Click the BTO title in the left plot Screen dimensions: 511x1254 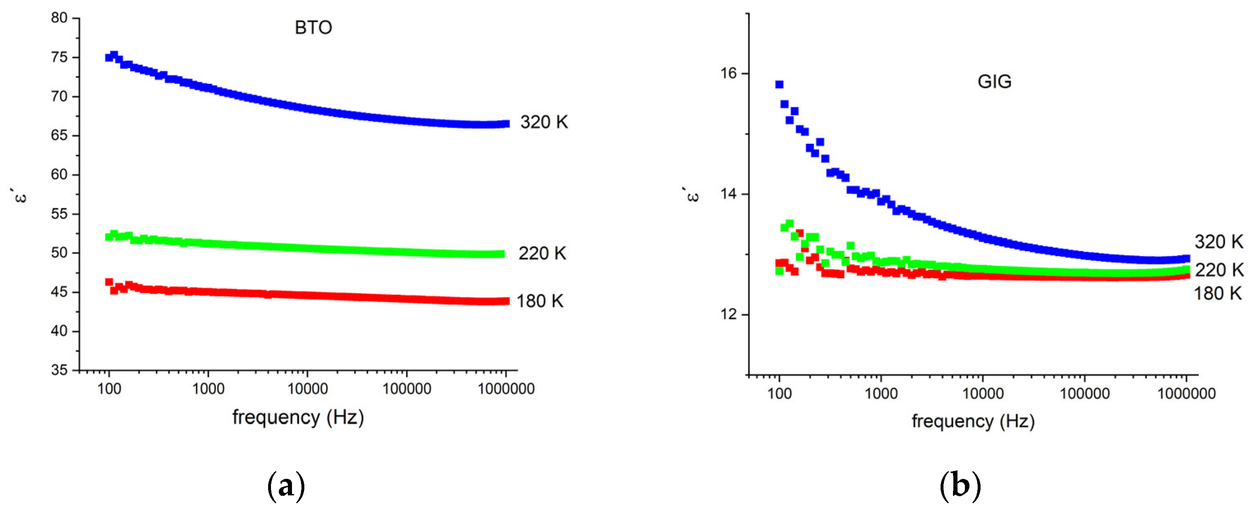(313, 28)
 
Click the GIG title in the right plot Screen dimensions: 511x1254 (994, 81)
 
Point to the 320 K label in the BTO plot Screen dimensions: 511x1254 (544, 122)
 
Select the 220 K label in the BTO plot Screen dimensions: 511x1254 (542, 254)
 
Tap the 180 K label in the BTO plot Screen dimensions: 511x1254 (539, 301)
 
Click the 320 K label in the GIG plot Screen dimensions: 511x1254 (1219, 242)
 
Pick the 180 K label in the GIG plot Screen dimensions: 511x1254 (1217, 294)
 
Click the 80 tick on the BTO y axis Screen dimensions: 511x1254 (59, 18)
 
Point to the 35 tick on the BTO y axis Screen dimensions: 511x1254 (59, 370)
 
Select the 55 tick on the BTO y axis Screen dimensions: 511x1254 (59, 214)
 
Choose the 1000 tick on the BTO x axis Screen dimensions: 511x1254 (208, 389)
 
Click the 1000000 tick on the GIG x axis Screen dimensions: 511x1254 (1186, 393)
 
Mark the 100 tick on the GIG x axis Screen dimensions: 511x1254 (779, 393)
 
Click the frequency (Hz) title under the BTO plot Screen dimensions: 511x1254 (298, 418)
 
